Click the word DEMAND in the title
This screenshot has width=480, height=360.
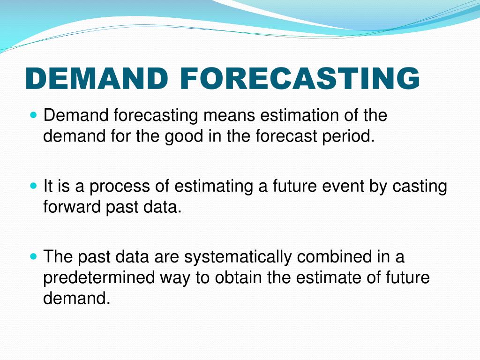(97, 78)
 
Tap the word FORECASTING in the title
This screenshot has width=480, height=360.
(300, 78)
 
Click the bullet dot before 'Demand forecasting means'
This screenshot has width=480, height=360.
(34, 115)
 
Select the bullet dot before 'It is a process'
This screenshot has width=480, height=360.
(34, 186)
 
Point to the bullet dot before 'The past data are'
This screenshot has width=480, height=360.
(34, 256)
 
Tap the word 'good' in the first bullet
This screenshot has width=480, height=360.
(184, 137)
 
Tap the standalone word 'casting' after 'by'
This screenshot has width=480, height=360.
(420, 187)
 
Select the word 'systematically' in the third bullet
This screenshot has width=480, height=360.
(238, 257)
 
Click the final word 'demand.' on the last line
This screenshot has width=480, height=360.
(76, 298)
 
